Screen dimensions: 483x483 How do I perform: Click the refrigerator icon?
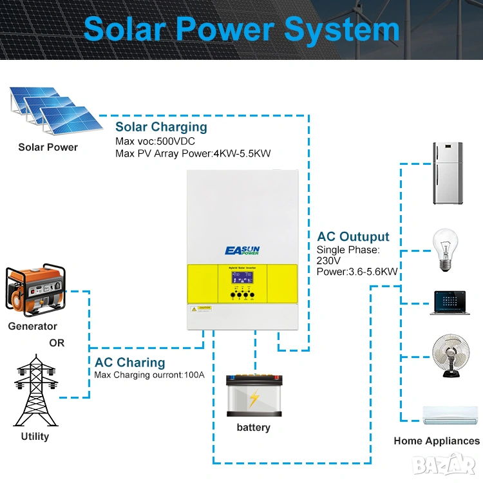pos(450,173)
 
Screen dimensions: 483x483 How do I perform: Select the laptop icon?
pos(449,303)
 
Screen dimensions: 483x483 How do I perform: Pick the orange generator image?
pos(32,289)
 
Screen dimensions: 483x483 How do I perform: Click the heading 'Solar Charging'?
pos(161,127)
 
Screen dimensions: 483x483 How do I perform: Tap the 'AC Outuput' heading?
pos(353,236)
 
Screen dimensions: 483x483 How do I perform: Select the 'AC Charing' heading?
pos(129,363)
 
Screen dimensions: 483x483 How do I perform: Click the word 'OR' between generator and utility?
pos(57,343)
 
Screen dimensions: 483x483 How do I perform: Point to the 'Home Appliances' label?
pos(437,441)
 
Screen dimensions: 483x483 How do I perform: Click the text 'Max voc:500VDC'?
pos(155,141)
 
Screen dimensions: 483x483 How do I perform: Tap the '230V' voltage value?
pos(330,260)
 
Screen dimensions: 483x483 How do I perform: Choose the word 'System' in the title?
pos(342,29)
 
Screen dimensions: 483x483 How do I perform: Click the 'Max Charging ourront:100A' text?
pos(149,375)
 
